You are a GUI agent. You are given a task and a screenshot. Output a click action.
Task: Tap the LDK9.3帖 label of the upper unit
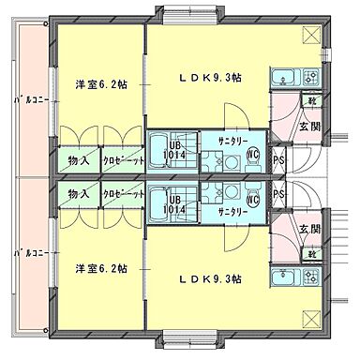point(210,79)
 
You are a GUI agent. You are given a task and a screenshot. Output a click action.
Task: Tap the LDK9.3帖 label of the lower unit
point(210,278)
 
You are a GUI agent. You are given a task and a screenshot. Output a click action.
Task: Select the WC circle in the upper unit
point(252,156)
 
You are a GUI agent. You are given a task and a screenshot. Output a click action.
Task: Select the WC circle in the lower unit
point(252,198)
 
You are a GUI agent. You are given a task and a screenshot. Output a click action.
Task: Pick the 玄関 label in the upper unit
point(309,127)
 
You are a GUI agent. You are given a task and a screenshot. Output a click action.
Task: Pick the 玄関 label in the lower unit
point(309,228)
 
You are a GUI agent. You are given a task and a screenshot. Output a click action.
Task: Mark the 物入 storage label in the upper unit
point(79,161)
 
